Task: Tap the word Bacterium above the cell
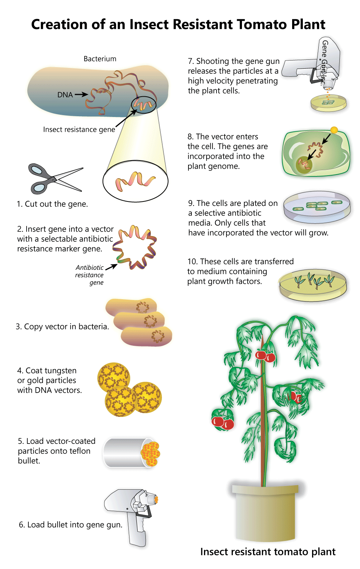point(100,59)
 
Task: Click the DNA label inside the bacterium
point(65,95)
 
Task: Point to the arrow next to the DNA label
point(81,94)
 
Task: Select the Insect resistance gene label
point(79,130)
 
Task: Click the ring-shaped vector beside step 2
point(135,247)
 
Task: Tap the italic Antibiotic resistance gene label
point(90,275)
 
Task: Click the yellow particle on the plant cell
point(334,130)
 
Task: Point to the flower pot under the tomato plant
point(265,513)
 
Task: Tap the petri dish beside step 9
point(316,207)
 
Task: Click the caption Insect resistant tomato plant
point(268,552)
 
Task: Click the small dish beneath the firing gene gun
point(329,103)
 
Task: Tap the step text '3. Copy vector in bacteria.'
point(62,327)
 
